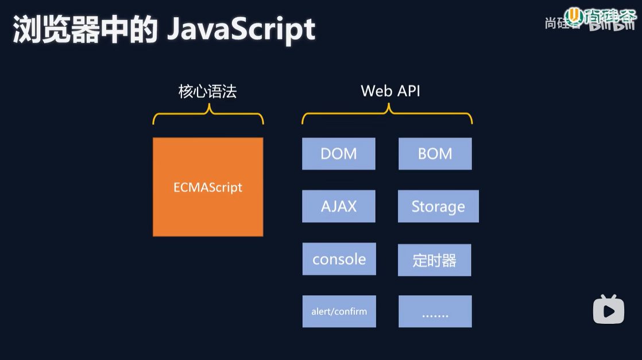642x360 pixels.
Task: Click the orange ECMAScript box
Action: [208, 187]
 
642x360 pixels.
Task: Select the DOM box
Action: [339, 153]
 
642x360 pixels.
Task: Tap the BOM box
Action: [435, 153]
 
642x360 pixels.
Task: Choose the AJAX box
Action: [339, 206]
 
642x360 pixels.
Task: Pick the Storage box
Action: [438, 206]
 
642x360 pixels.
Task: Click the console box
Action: [339, 259]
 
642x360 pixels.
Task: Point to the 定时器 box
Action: [435, 260]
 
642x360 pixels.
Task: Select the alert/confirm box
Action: [339, 311]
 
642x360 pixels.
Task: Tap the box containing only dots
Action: [435, 311]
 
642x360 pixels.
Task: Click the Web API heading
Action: [390, 91]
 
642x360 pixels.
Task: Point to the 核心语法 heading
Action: [207, 91]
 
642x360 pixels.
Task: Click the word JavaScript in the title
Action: [241, 30]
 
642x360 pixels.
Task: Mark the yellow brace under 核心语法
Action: [208, 117]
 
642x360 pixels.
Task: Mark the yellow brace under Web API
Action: [388, 117]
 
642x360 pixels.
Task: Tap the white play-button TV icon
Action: [608, 309]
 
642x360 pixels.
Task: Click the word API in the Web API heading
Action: [407, 91]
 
